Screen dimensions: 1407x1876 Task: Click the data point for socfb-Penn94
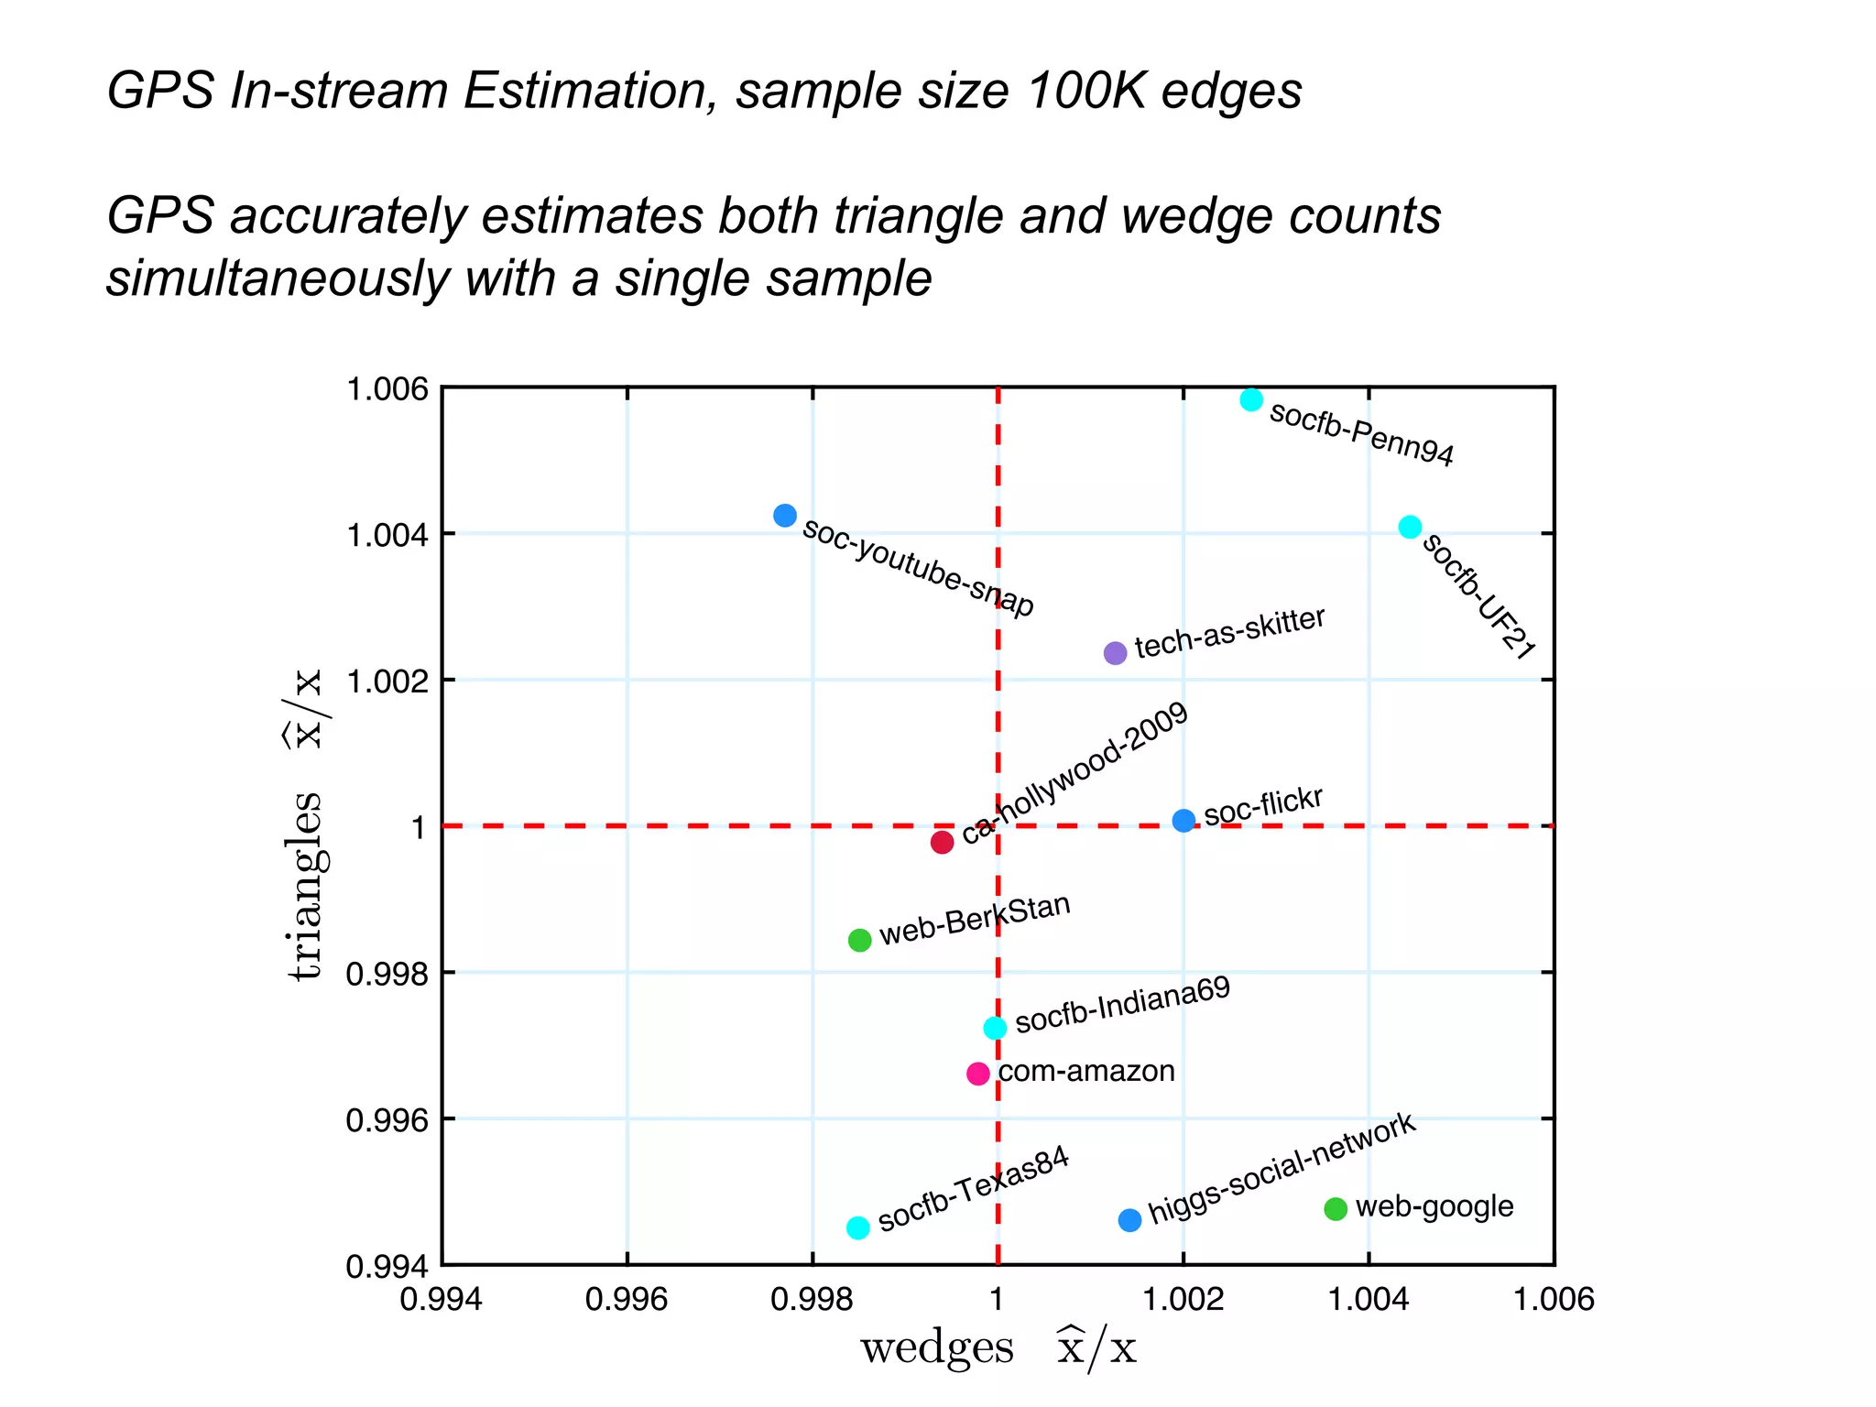[1251, 399]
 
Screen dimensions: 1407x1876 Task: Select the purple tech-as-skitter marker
[1115, 653]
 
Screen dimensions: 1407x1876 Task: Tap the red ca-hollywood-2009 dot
[942, 842]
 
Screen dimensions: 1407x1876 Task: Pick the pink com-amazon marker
[978, 1073]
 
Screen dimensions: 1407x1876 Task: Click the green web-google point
[1336, 1209]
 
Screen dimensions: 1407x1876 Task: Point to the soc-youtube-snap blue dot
[785, 515]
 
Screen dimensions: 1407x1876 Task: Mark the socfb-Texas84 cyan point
[857, 1227]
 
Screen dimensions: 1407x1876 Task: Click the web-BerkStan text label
[975, 919]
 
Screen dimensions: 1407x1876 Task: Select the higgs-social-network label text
[1282, 1168]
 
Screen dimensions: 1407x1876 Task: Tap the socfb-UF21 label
[1478, 595]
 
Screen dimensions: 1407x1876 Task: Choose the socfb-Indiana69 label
[1123, 1005]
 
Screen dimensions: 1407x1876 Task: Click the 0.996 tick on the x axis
[627, 1299]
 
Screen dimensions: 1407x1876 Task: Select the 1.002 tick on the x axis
[1183, 1299]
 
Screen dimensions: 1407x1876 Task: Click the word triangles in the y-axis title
[306, 886]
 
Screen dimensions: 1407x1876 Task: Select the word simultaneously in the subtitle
[278, 278]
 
